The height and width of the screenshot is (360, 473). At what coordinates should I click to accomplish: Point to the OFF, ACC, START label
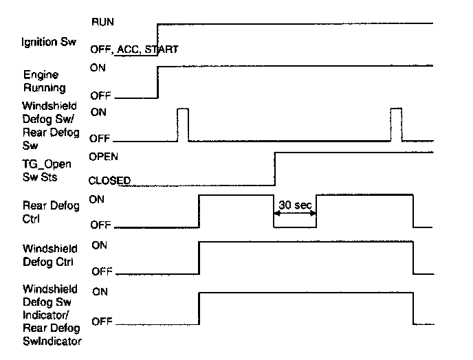click(135, 49)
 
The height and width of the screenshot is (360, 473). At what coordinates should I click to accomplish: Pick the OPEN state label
click(104, 156)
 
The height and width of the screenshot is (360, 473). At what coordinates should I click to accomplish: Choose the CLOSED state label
click(110, 180)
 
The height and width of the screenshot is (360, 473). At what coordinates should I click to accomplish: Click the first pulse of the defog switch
click(182, 124)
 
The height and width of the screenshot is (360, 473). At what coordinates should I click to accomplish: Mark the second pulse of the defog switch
click(395, 124)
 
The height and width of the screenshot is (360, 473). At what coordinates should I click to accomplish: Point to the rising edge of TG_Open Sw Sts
click(274, 168)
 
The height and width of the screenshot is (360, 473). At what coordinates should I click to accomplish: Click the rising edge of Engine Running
click(158, 81)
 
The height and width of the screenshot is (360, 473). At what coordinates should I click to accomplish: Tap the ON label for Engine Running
click(98, 67)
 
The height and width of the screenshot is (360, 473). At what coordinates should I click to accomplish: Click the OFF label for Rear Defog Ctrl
click(100, 225)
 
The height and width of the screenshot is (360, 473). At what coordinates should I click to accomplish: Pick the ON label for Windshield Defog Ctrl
click(100, 245)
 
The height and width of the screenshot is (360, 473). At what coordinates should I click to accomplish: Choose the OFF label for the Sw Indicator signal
click(102, 321)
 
